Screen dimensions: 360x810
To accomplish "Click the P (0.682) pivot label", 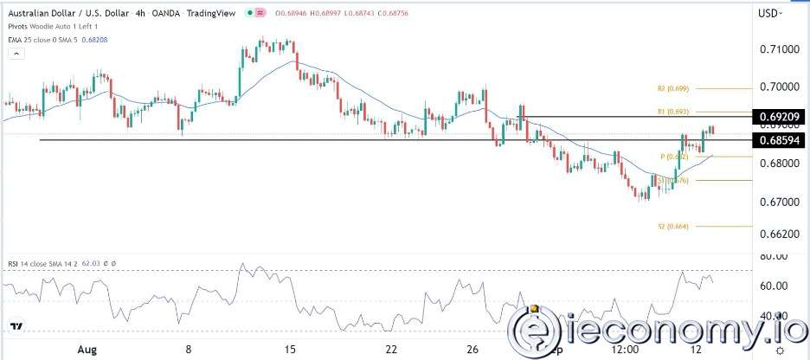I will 673,157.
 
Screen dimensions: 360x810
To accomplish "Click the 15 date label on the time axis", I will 290,350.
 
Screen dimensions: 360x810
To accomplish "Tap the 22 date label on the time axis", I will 391,350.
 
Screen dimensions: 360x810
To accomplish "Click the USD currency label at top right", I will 768,13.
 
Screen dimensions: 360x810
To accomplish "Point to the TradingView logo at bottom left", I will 16,326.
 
